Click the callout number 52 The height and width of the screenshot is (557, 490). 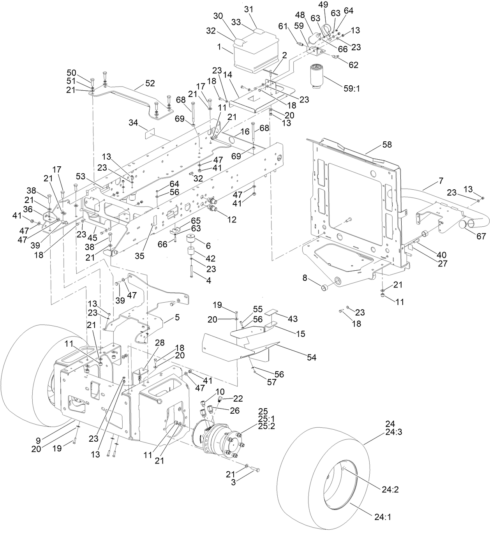pyautogui.click(x=150, y=83)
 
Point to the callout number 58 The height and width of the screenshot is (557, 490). pyautogui.click(x=387, y=145)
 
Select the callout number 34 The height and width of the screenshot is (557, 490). pyautogui.click(x=133, y=123)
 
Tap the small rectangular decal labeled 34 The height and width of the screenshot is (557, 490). pyautogui.click(x=150, y=134)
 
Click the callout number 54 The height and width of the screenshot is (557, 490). pyautogui.click(x=312, y=357)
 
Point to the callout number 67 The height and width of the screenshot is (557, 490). pyautogui.click(x=481, y=236)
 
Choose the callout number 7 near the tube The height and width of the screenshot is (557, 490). pyautogui.click(x=441, y=181)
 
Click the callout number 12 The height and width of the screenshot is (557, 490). pyautogui.click(x=232, y=220)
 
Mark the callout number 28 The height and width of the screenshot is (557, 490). pyautogui.click(x=160, y=342)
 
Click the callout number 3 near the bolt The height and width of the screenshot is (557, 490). pyautogui.click(x=233, y=483)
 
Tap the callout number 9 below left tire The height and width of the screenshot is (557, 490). pyautogui.click(x=38, y=441)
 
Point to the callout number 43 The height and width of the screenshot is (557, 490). pyautogui.click(x=292, y=319)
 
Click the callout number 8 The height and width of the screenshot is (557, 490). pyautogui.click(x=305, y=277)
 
